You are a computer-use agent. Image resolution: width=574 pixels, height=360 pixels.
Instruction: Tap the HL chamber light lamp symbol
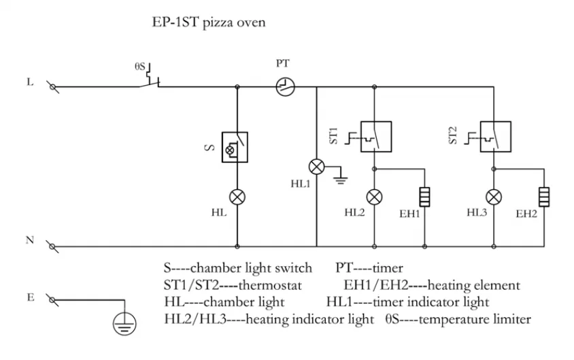click(236, 197)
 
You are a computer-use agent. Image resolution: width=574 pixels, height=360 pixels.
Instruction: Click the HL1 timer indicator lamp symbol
click(317, 167)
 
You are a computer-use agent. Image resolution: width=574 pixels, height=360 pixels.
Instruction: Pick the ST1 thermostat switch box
click(375, 137)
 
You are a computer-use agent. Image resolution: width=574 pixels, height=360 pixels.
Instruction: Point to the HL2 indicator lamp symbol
click(375, 197)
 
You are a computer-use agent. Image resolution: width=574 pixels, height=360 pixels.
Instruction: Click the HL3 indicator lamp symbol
click(494, 197)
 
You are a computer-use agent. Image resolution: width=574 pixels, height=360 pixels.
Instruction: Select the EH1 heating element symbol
click(424, 197)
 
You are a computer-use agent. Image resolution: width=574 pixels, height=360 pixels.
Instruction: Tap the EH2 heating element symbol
click(543, 197)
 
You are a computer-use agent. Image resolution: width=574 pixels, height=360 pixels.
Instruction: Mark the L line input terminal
click(52, 86)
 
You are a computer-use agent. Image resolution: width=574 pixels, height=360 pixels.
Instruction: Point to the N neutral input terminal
click(52, 247)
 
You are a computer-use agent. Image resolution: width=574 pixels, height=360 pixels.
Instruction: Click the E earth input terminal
click(52, 299)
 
